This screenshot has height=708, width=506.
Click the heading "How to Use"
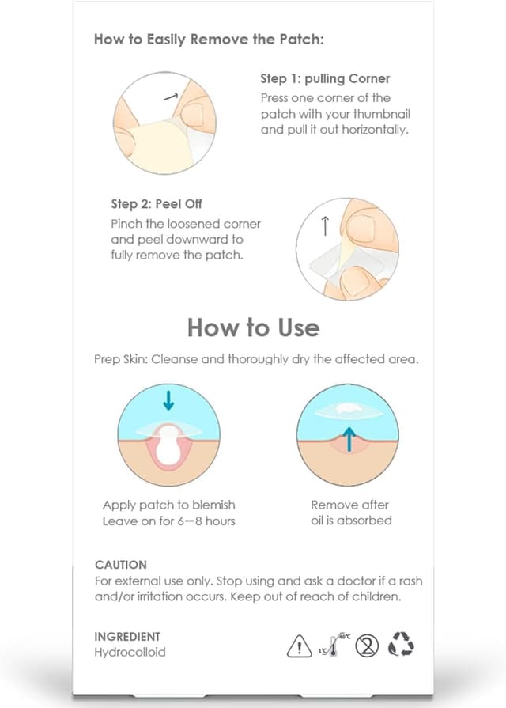pos(253,327)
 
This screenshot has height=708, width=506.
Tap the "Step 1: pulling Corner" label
pos(325,79)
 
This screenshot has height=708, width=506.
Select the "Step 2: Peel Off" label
pos(157,205)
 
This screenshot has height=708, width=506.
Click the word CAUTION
pos(120,565)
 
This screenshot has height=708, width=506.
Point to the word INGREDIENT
pos(127,636)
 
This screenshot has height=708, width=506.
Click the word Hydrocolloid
pos(130,653)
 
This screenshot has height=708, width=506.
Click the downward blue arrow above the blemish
pos(168,401)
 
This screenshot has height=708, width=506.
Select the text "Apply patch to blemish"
pos(168,505)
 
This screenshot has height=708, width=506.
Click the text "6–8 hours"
pos(206,521)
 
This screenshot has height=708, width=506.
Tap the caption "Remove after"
pos(350,505)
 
